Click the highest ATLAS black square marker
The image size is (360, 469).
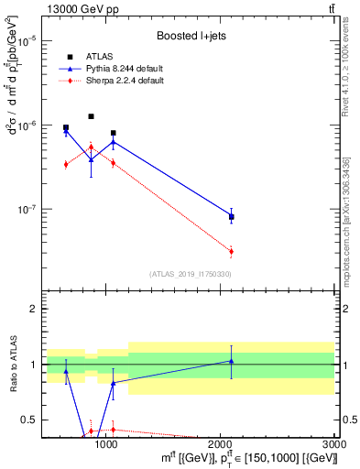point(91,116)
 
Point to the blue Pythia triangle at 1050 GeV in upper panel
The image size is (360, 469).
point(113,142)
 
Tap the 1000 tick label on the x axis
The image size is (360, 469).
point(107,442)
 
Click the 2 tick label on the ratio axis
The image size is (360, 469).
point(33,310)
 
